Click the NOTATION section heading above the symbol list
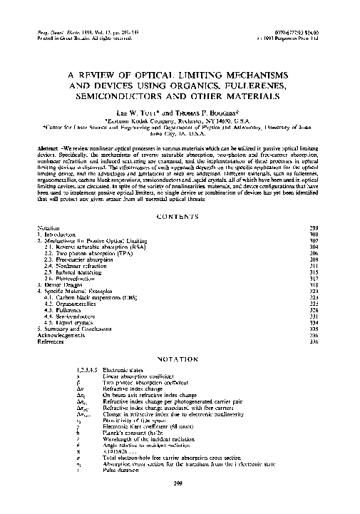(x=180, y=358)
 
